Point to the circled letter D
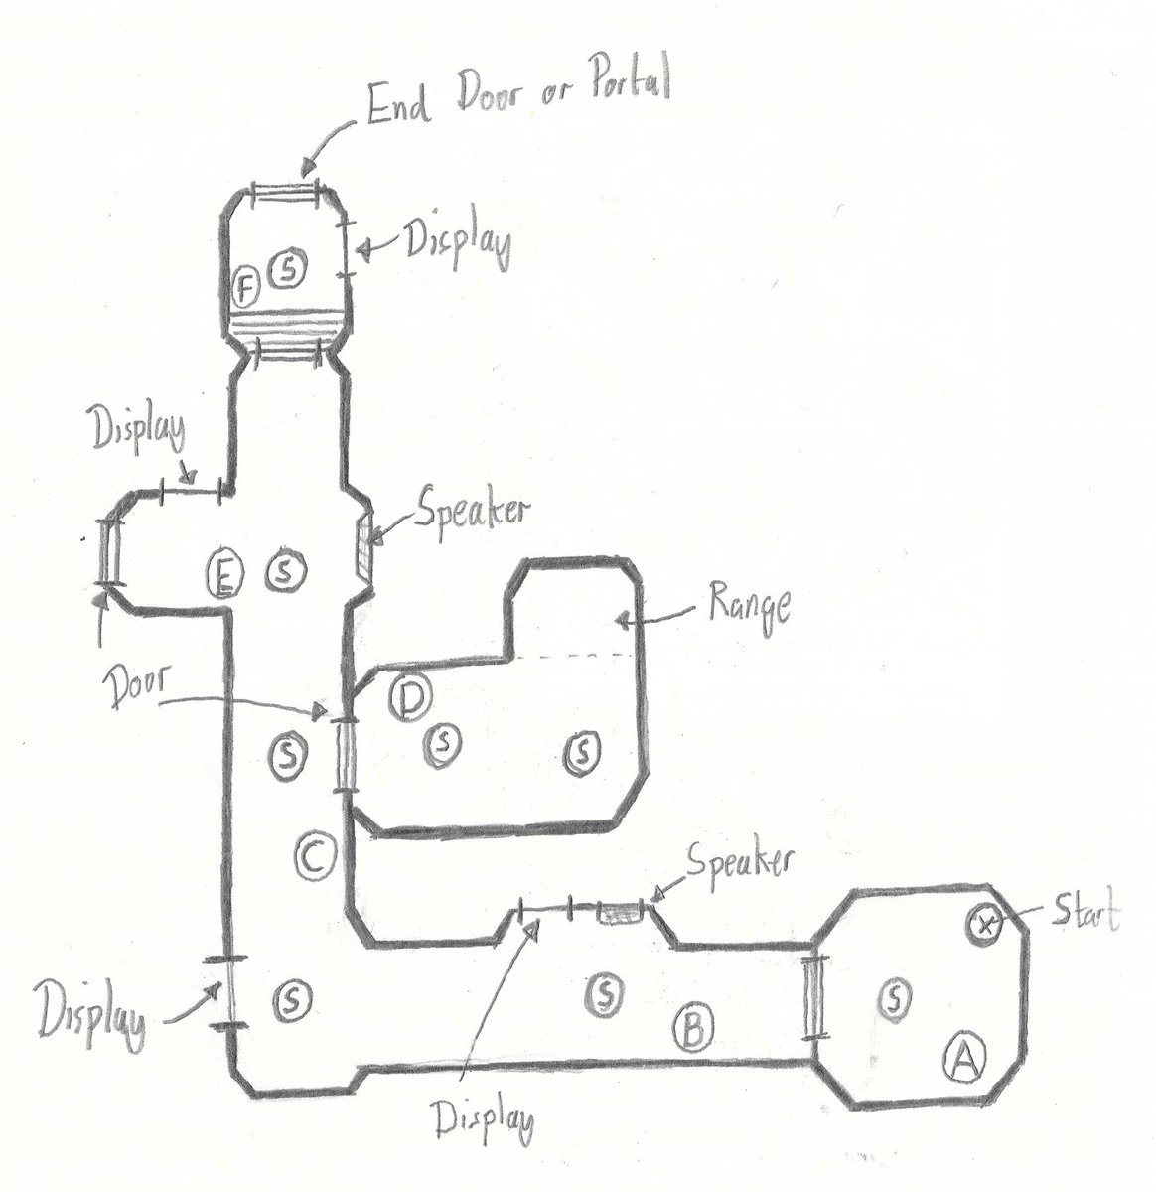click(x=408, y=699)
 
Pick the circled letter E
click(x=225, y=574)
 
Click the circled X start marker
click(x=984, y=925)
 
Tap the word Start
click(x=1079, y=915)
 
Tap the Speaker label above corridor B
click(x=736, y=862)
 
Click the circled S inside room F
click(x=289, y=266)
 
